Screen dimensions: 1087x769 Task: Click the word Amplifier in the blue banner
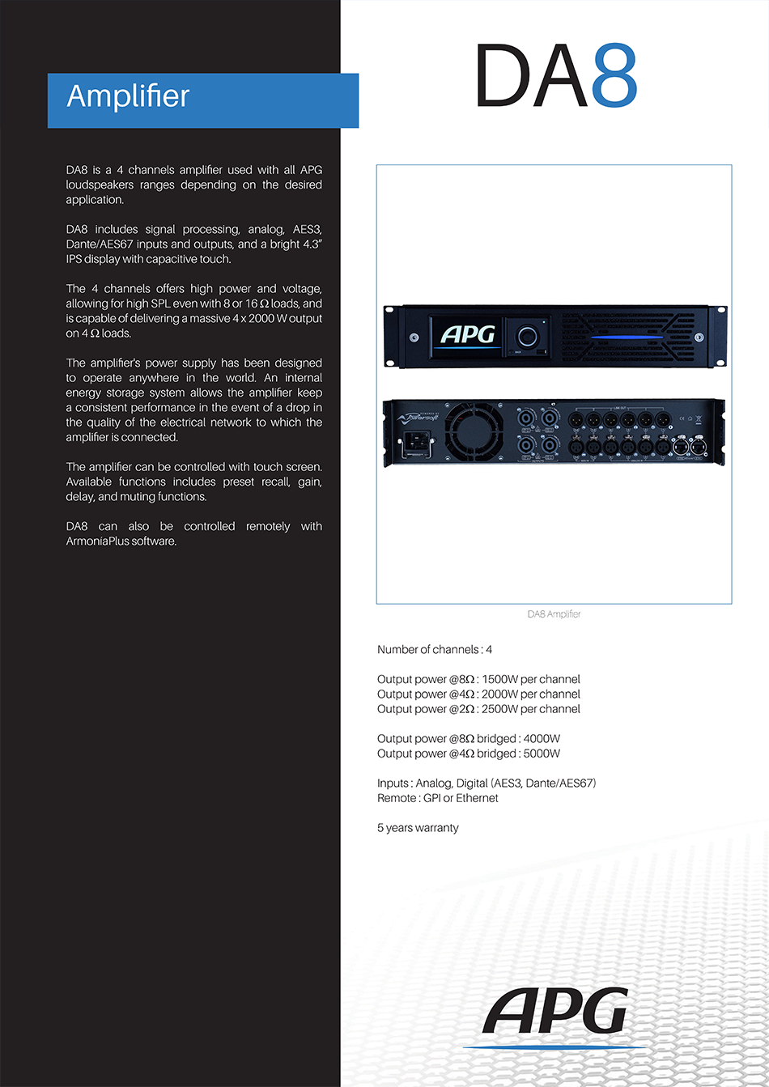click(x=128, y=96)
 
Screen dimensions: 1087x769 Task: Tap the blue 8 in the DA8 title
click(x=614, y=76)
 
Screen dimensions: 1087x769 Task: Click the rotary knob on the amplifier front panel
click(x=529, y=335)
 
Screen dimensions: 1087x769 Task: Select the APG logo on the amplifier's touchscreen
click(x=468, y=333)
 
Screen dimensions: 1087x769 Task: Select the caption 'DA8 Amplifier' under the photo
click(x=554, y=614)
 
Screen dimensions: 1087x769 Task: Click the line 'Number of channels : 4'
click(x=435, y=650)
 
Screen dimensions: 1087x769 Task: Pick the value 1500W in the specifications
click(x=499, y=680)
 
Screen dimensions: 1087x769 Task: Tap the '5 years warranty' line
click(x=418, y=828)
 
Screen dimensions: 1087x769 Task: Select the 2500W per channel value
click(x=499, y=709)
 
